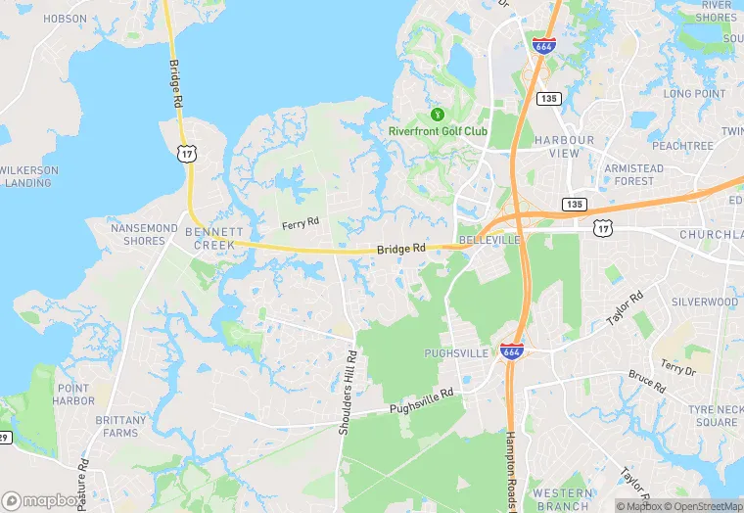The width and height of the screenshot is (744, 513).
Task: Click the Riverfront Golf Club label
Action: click(437, 132)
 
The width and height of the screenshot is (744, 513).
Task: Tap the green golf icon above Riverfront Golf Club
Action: click(437, 114)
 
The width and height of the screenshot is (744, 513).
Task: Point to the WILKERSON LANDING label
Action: click(28, 176)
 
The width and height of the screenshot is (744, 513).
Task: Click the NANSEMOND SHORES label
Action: click(145, 235)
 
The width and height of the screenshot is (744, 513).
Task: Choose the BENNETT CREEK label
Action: click(214, 238)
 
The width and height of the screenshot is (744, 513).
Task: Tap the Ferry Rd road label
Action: click(301, 223)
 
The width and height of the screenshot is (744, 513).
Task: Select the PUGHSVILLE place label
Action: click(455, 352)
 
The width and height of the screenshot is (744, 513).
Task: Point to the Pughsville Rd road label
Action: click(422, 401)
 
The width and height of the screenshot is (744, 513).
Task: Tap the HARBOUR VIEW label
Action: click(565, 147)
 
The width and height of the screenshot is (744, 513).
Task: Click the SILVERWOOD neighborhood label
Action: click(704, 303)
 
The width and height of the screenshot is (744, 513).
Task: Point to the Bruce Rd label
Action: click(646, 381)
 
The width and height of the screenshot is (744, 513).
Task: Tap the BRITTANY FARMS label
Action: click(122, 426)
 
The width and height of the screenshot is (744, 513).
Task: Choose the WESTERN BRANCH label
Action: click(562, 499)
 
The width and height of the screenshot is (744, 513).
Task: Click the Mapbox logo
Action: click(42, 500)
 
